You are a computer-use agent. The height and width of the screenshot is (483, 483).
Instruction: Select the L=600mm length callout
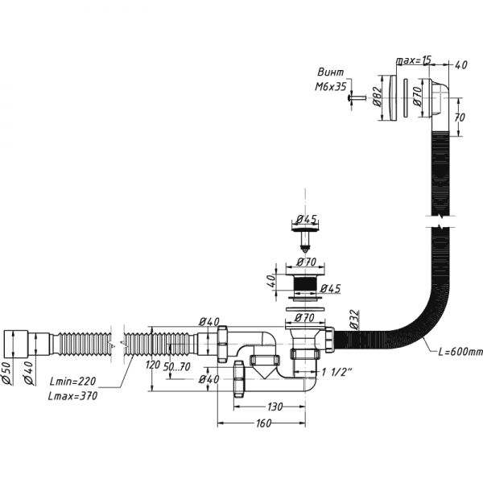(x=460, y=352)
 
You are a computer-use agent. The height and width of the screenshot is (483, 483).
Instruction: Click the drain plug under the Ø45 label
(x=303, y=234)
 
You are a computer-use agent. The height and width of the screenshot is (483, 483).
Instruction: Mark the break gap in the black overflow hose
(x=440, y=221)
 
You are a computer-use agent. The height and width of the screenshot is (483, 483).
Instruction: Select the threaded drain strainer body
(x=303, y=285)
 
